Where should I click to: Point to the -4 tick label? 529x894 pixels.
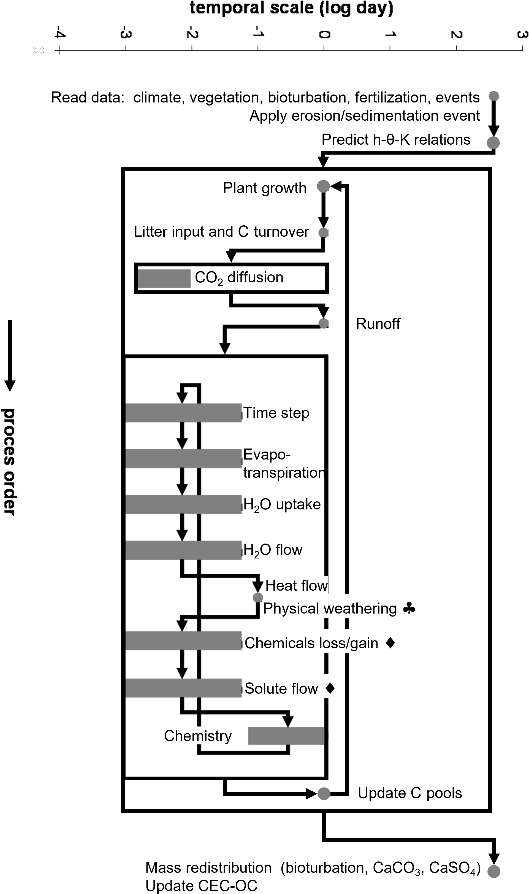tap(59, 34)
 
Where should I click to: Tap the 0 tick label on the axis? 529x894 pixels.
tap(324, 34)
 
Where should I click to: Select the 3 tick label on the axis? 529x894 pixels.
tap(522, 34)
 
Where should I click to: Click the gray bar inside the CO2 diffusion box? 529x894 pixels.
tap(164, 278)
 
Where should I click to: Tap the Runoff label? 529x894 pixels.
tap(378, 324)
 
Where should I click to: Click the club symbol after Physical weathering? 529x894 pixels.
tap(409, 608)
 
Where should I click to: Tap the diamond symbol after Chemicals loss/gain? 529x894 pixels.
tap(390, 643)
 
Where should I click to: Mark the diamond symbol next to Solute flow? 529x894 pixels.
tap(330, 688)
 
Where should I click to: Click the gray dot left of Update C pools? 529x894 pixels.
tap(324, 793)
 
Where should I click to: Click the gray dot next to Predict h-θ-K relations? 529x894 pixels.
tap(493, 143)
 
